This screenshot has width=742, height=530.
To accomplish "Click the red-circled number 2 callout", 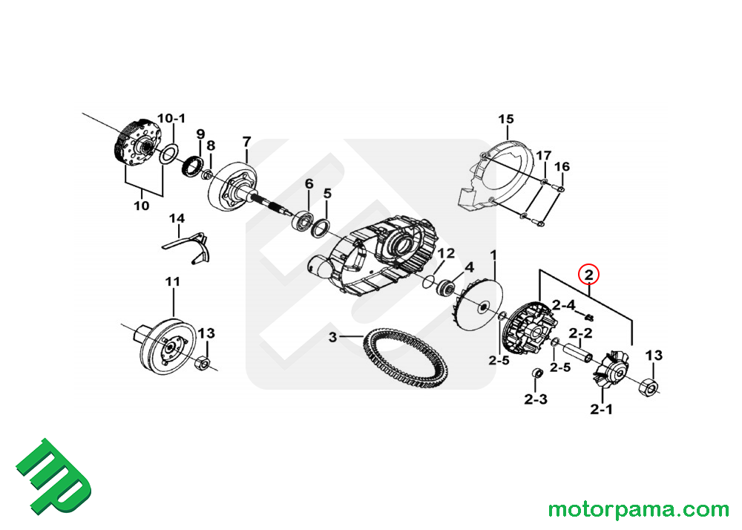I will (589, 275).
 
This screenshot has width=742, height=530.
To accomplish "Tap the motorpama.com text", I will (638, 510).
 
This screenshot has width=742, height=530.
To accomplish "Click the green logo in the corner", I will (53, 477).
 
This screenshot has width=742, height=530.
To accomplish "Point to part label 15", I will (505, 120).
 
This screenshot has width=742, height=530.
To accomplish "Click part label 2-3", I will (535, 399).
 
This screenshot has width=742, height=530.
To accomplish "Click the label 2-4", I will (562, 304).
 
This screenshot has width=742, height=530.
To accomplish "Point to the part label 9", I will (200, 134).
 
